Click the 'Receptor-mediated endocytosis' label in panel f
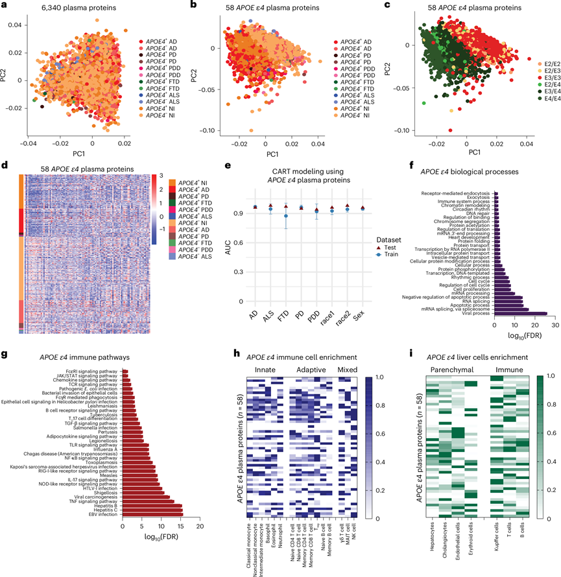tap(457, 193)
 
